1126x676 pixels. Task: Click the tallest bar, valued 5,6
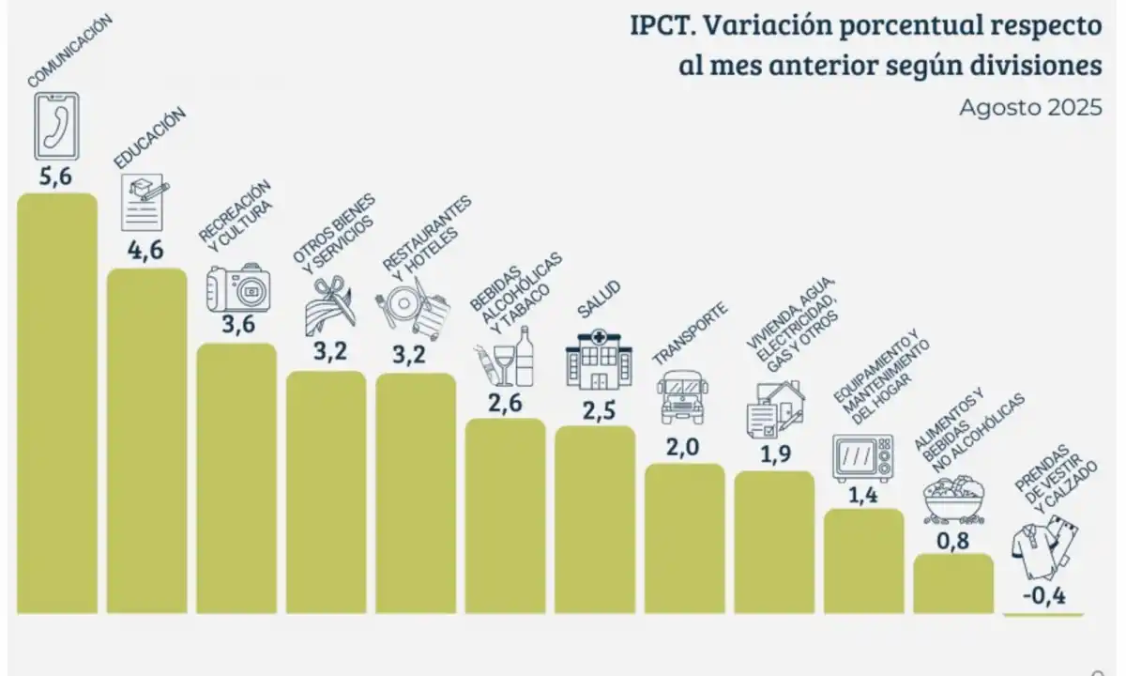click(57, 404)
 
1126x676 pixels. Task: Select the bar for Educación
click(147, 441)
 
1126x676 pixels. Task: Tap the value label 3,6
click(236, 325)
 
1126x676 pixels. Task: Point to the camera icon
click(238, 288)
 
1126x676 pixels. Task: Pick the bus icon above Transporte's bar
click(678, 397)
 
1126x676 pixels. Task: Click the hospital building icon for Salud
click(593, 361)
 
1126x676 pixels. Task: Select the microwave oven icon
click(862, 458)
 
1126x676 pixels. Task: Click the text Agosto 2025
click(1029, 108)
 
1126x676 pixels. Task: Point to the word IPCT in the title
click(662, 25)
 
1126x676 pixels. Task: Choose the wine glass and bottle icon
click(504, 358)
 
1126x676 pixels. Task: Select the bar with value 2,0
click(684, 539)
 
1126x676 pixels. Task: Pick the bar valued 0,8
click(952, 583)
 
